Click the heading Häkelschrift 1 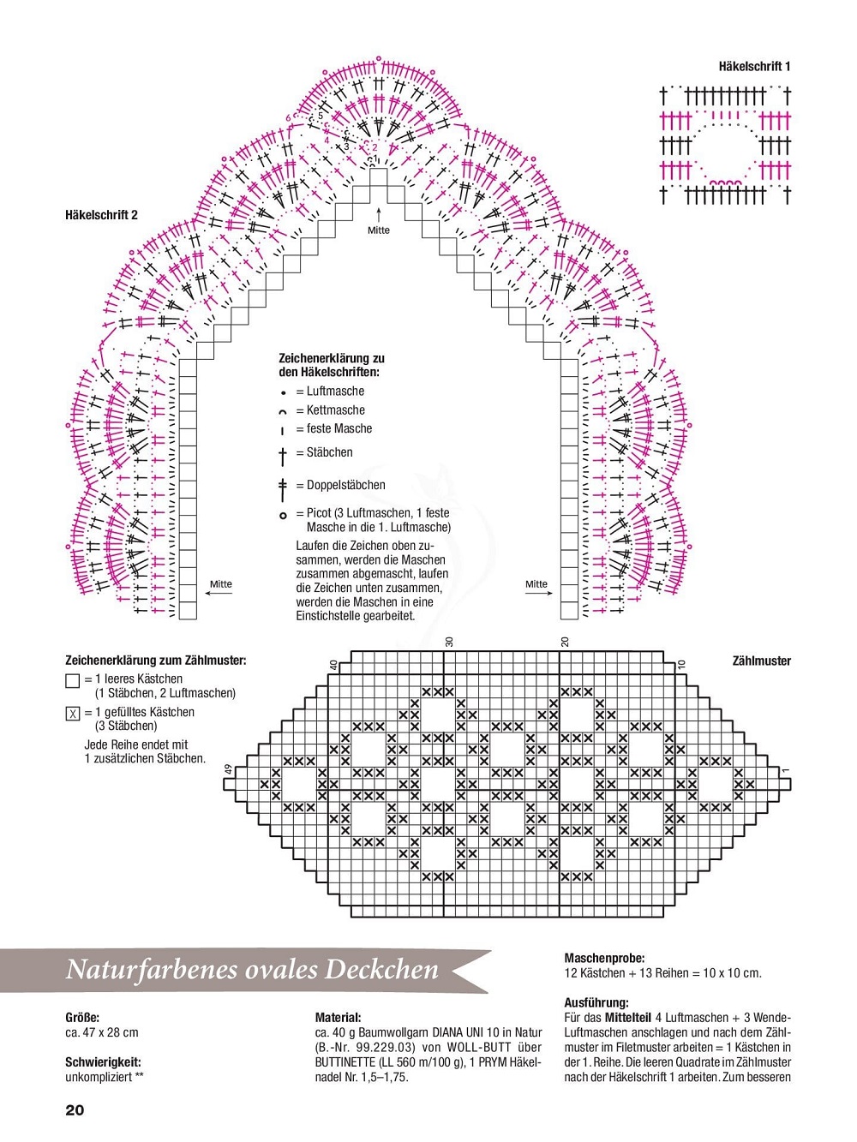(x=754, y=66)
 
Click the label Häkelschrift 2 (x=101, y=215)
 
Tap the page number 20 (x=75, y=1110)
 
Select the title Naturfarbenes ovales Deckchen (x=252, y=970)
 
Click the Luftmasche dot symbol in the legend (x=283, y=393)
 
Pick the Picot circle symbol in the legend (x=283, y=516)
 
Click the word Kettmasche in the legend (x=335, y=410)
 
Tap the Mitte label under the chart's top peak (x=379, y=230)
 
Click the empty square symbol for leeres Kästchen (x=73, y=681)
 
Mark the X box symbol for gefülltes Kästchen (x=73, y=714)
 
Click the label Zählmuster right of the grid (x=761, y=661)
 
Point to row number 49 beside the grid (x=228, y=769)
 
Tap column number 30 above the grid (x=449, y=642)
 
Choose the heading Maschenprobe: (x=604, y=959)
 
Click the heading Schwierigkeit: (x=103, y=1062)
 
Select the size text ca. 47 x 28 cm (x=102, y=1033)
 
